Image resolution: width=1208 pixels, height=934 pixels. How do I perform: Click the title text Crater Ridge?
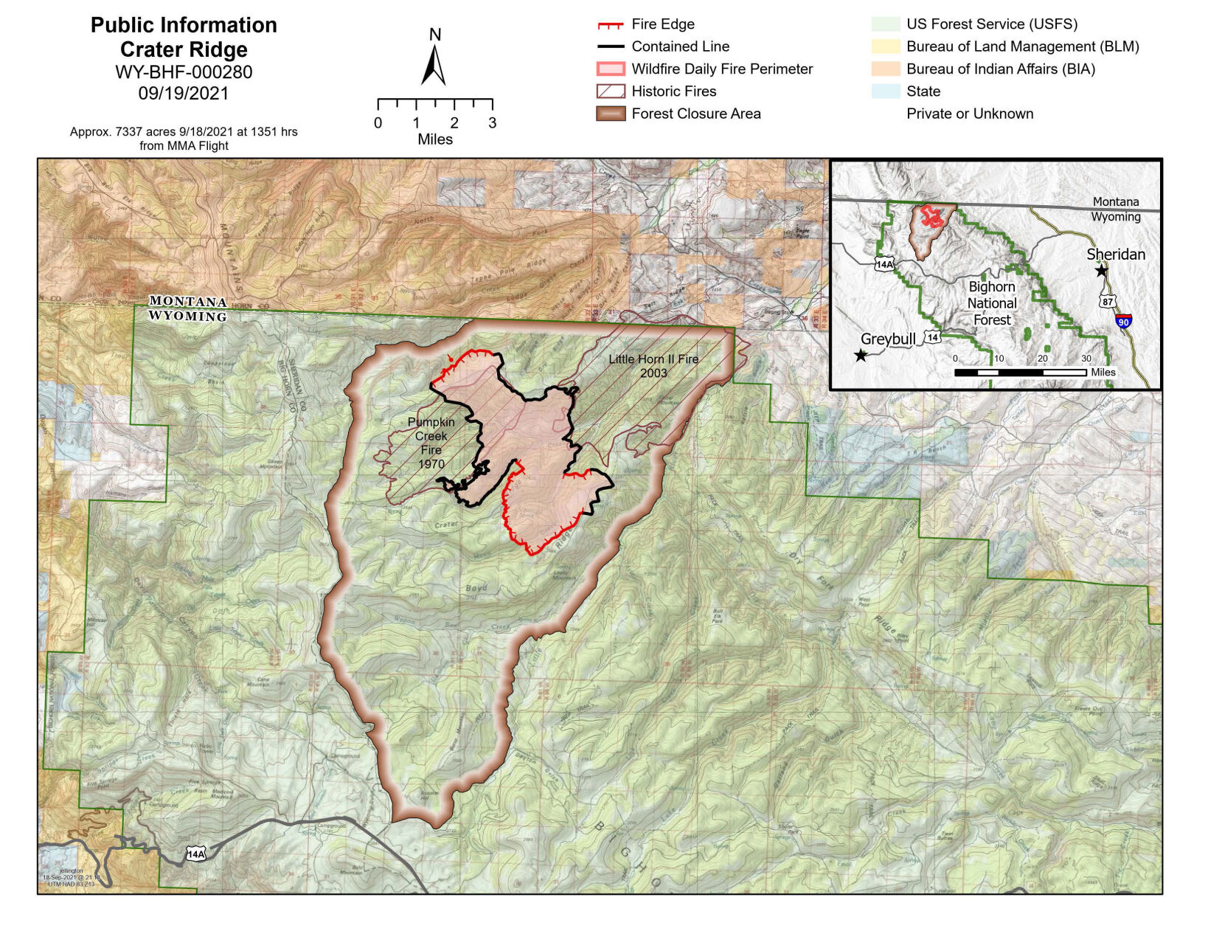[x=184, y=49]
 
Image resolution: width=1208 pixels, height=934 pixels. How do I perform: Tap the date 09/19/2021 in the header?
[x=184, y=94]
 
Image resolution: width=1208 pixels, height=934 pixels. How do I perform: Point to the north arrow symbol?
[x=434, y=64]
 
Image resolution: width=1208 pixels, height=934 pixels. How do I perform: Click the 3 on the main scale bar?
[x=492, y=123]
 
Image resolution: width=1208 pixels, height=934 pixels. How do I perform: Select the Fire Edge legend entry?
[x=662, y=24]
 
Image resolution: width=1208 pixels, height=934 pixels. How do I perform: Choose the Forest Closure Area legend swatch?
[x=611, y=114]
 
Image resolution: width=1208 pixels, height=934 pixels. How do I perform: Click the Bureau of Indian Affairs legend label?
[x=1000, y=69]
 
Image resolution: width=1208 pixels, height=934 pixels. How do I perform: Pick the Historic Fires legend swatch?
[x=611, y=91]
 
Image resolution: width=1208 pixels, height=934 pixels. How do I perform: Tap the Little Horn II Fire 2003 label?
[x=653, y=366]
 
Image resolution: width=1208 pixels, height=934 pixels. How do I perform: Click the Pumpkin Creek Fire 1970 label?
[x=431, y=443]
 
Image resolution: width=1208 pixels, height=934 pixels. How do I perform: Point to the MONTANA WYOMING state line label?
[x=187, y=309]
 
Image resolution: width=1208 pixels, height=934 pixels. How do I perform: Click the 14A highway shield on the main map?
[x=195, y=854]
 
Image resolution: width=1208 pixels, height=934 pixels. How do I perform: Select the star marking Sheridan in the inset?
[x=1101, y=271]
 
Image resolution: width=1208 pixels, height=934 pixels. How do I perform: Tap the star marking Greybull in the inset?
[x=861, y=356]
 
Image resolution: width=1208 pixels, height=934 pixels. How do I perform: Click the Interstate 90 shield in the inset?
[x=1123, y=321]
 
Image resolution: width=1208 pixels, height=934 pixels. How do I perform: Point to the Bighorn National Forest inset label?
[x=992, y=303]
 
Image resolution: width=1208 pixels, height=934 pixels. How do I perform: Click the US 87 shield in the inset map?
[x=1107, y=301]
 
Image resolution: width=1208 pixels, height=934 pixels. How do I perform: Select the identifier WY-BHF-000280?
[x=184, y=72]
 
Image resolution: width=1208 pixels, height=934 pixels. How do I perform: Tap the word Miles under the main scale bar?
[x=434, y=139]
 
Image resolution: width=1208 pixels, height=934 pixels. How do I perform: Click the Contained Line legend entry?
[x=680, y=46]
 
